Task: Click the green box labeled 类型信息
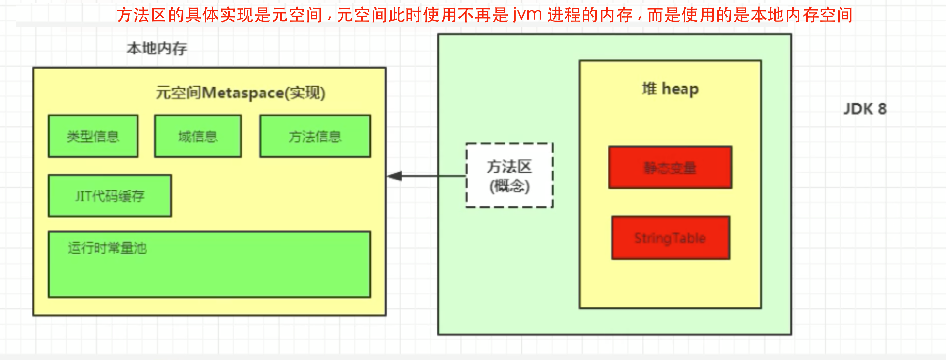[x=93, y=136]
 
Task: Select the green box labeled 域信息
[x=198, y=136]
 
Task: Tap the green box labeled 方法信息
[x=315, y=136]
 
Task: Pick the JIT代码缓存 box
[x=110, y=196]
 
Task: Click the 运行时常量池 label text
[x=107, y=248]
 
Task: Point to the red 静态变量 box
[x=670, y=168]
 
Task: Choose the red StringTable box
[x=670, y=238]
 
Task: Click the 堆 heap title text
[x=670, y=89]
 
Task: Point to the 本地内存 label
[x=157, y=48]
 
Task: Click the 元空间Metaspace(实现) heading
[x=240, y=93]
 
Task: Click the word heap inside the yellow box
[x=680, y=89]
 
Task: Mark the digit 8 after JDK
[x=882, y=109]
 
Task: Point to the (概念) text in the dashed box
[x=509, y=186]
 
